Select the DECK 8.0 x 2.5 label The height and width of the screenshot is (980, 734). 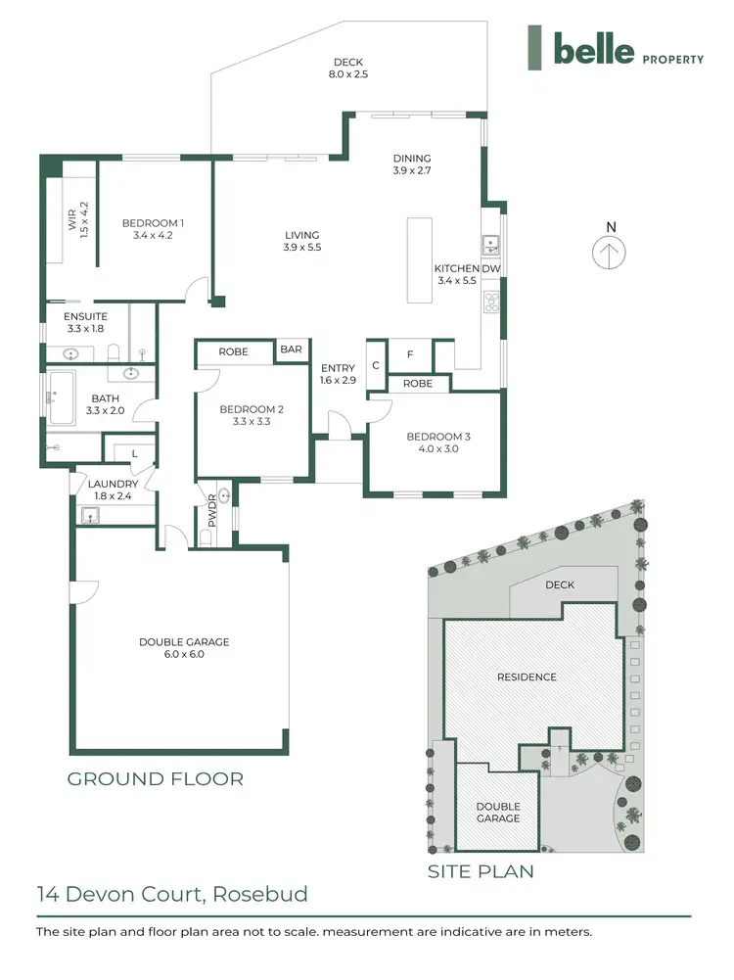(349, 68)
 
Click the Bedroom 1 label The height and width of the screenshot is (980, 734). (153, 229)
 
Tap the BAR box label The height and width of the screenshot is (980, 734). (291, 350)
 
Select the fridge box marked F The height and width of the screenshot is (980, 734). (411, 354)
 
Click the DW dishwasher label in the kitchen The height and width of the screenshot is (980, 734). (491, 268)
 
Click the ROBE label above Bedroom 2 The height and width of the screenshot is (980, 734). (233, 351)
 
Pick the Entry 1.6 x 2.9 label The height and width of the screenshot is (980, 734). (338, 375)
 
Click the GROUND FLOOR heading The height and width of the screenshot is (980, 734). (155, 779)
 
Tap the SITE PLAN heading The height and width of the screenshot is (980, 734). (481, 870)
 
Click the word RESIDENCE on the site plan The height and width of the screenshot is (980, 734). (527, 677)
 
